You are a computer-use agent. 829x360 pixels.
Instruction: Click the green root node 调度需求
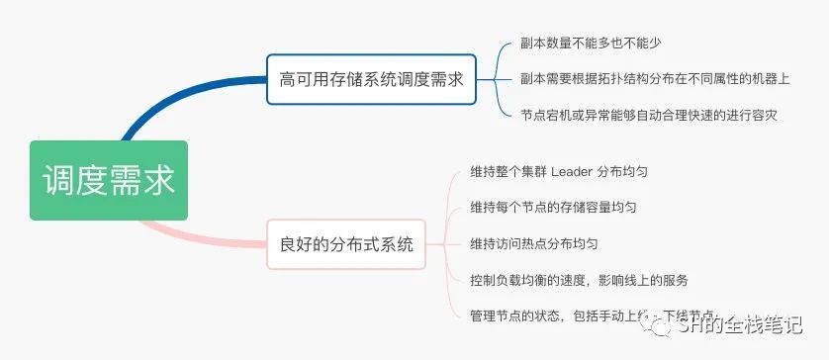pyautogui.click(x=108, y=180)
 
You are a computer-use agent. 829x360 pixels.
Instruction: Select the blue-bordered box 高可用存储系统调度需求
pyautogui.click(x=372, y=79)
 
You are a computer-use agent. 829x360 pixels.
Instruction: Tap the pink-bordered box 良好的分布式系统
pyautogui.click(x=346, y=243)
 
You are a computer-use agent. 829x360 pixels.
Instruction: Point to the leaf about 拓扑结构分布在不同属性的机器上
pyautogui.click(x=654, y=79)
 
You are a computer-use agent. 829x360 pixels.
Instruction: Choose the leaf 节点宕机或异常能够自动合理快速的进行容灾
pyautogui.click(x=648, y=115)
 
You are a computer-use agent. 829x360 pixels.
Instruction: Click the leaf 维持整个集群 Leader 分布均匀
pyautogui.click(x=559, y=171)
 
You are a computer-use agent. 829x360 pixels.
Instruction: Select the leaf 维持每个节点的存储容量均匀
pyautogui.click(x=553, y=208)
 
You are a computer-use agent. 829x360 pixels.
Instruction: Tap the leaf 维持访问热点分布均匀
pyautogui.click(x=534, y=243)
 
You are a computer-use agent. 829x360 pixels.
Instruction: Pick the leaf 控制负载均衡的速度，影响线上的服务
pyautogui.click(x=579, y=279)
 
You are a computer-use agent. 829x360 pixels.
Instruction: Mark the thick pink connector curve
pyautogui.click(x=198, y=235)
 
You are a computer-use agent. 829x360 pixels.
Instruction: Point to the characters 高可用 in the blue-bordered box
pyautogui.click(x=303, y=79)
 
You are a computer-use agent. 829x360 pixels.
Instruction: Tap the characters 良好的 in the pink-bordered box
pyautogui.click(x=303, y=243)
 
